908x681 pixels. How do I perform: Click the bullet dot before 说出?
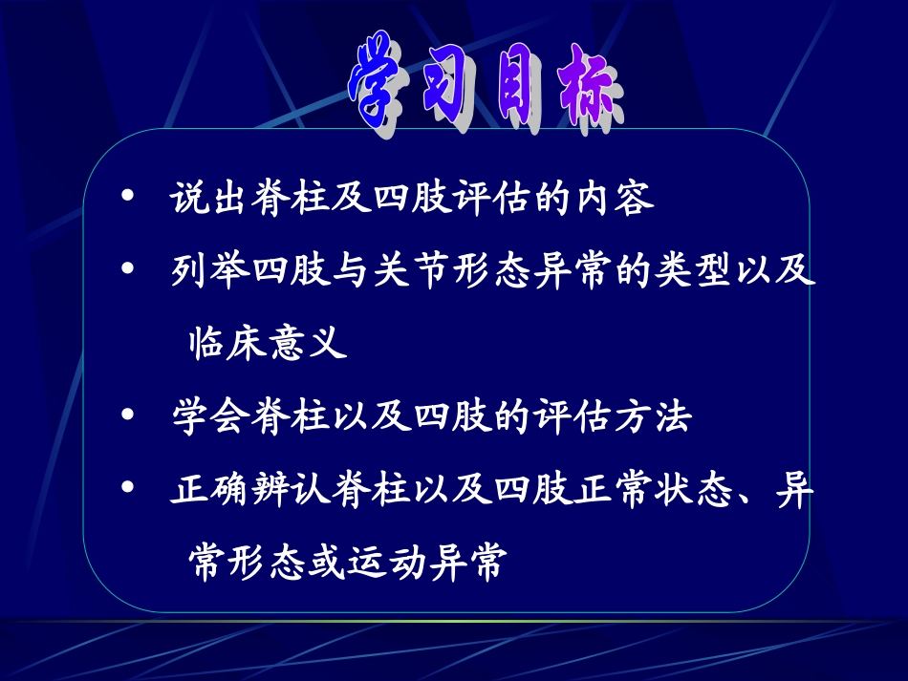point(128,198)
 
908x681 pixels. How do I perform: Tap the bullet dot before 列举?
point(128,271)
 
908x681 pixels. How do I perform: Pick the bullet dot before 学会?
point(128,415)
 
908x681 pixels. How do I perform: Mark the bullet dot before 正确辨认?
point(128,488)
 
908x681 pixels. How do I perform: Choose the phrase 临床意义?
point(265,342)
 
